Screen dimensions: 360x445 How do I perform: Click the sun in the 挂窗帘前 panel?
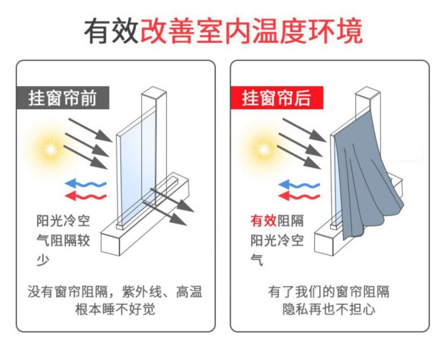pyautogui.click(x=49, y=148)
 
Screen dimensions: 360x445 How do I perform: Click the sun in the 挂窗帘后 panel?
pyautogui.click(x=263, y=148)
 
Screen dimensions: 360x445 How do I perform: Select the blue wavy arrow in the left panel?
pyautogui.click(x=85, y=183)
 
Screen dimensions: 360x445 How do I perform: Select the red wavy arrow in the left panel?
pyautogui.click(x=85, y=196)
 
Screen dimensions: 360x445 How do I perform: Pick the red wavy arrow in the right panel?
pyautogui.click(x=299, y=196)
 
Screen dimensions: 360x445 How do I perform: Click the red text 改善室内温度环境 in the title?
pyautogui.click(x=251, y=31)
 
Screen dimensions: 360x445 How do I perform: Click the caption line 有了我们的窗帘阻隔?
pyautogui.click(x=329, y=292)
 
